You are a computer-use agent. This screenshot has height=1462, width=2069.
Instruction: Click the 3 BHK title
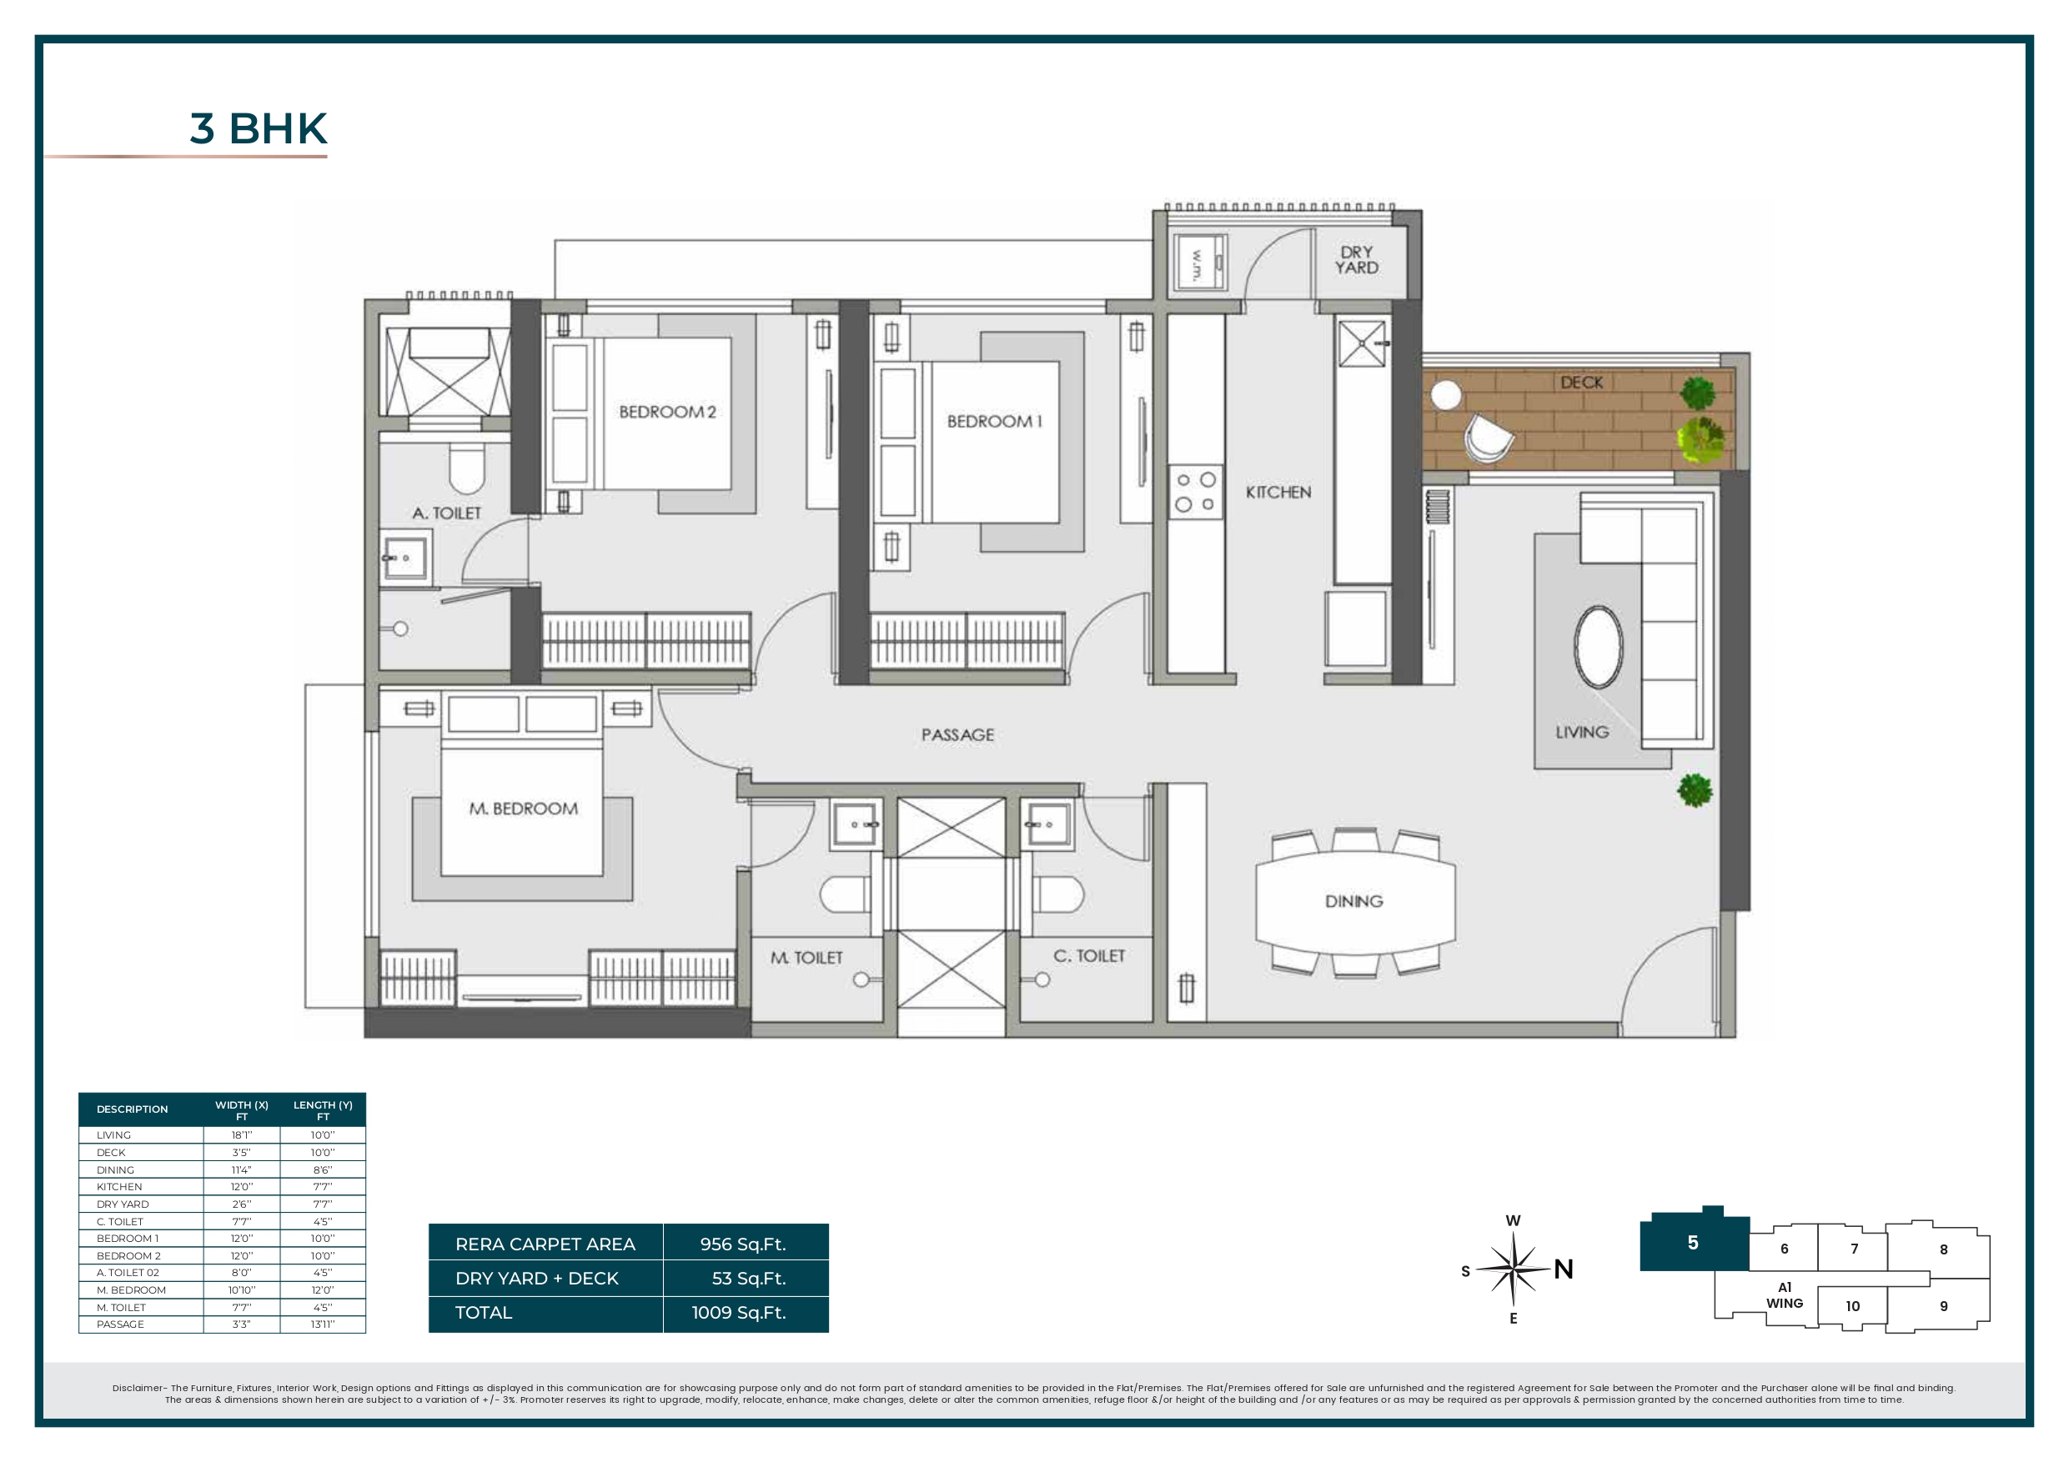(x=259, y=129)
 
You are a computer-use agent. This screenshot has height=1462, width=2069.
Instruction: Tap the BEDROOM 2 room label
(x=667, y=412)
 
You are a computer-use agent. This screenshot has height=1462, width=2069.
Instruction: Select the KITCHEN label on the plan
(x=1278, y=492)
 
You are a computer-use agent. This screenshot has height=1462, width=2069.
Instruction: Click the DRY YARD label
(x=1356, y=259)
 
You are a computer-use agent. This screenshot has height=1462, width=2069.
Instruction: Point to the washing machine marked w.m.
(x=1198, y=264)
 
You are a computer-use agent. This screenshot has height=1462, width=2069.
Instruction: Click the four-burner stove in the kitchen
(x=1196, y=492)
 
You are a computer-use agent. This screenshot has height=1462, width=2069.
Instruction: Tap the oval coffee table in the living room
(x=1598, y=647)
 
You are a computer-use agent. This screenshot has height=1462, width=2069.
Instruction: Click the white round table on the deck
(x=1445, y=394)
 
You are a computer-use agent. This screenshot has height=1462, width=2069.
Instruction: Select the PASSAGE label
(x=957, y=735)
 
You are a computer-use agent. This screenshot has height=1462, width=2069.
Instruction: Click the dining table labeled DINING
(x=1354, y=901)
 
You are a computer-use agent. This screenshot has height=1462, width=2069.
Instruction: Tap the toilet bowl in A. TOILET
(x=466, y=468)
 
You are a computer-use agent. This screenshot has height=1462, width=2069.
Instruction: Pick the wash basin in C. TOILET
(x=1047, y=824)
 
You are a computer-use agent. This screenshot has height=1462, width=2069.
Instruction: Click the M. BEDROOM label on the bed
(x=523, y=809)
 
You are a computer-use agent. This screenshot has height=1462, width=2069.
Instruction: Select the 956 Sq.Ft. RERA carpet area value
(x=742, y=1244)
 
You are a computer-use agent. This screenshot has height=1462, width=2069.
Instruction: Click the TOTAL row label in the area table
(x=484, y=1313)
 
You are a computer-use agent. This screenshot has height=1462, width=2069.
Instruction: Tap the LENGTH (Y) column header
(x=323, y=1109)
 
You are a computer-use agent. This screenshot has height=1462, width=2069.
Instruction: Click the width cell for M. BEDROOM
(x=242, y=1290)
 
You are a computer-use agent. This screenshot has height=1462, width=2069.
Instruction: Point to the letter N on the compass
(x=1564, y=1269)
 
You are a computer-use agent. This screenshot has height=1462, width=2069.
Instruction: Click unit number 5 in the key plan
(x=1692, y=1243)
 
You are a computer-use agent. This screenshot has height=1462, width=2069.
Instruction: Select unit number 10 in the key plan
(x=1852, y=1306)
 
